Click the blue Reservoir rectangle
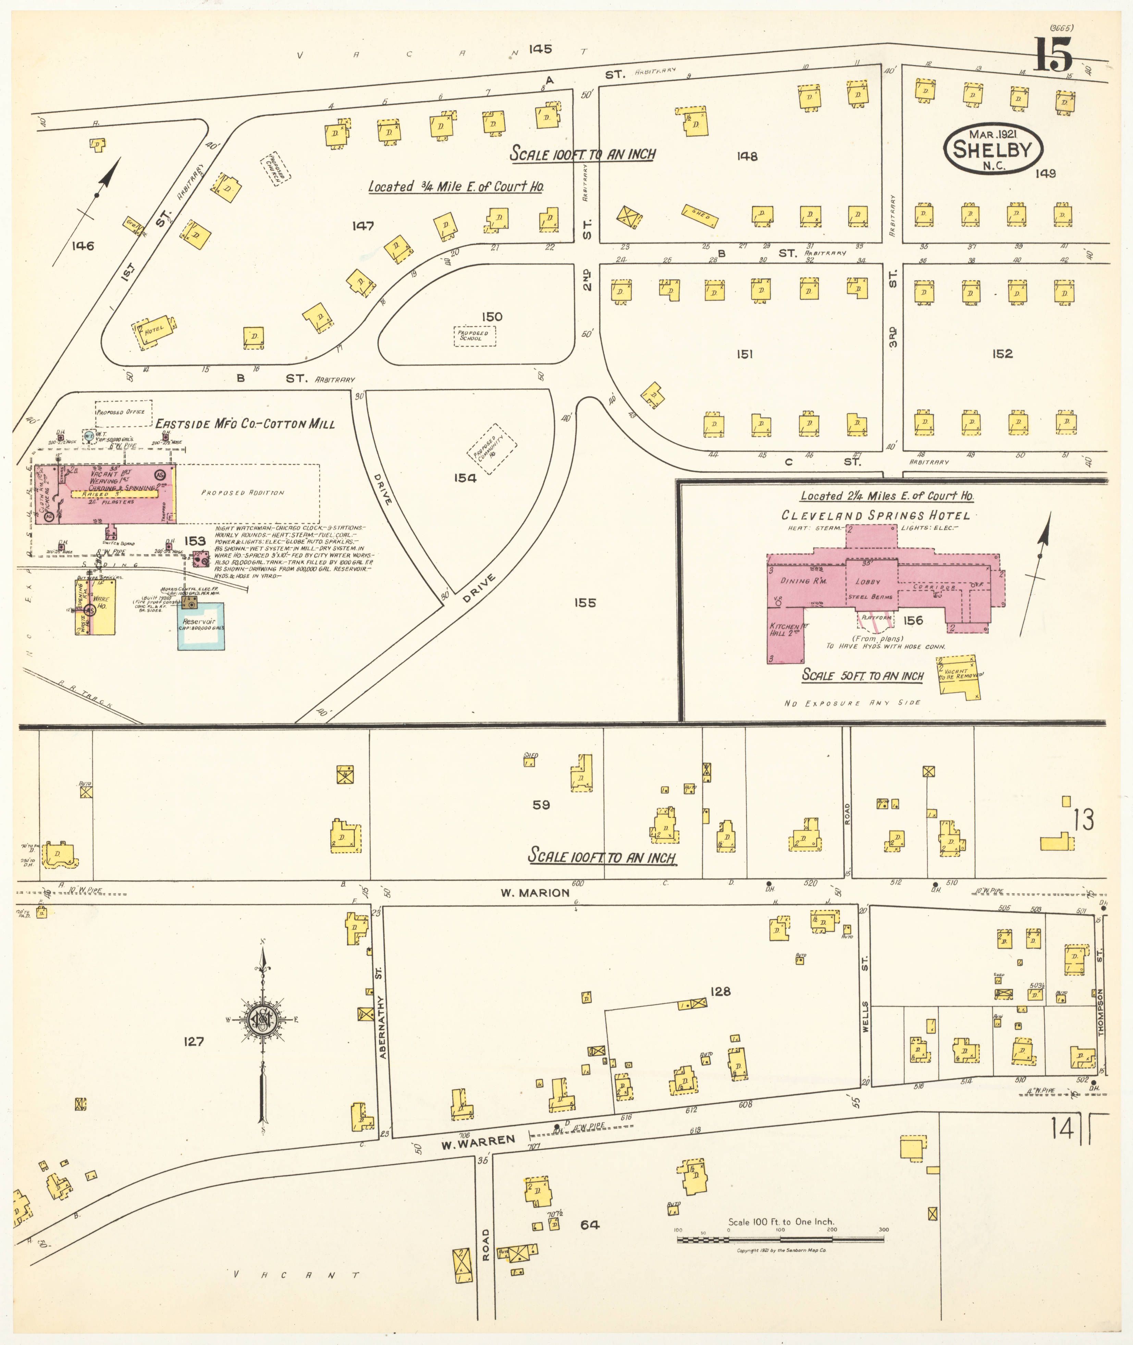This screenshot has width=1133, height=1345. pyautogui.click(x=201, y=625)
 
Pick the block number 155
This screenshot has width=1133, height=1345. pyautogui.click(x=584, y=603)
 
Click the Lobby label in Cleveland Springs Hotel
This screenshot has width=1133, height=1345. pyautogui.click(x=867, y=582)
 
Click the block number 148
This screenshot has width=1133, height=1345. pyautogui.click(x=747, y=156)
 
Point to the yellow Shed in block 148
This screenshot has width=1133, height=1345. pyautogui.click(x=700, y=217)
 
